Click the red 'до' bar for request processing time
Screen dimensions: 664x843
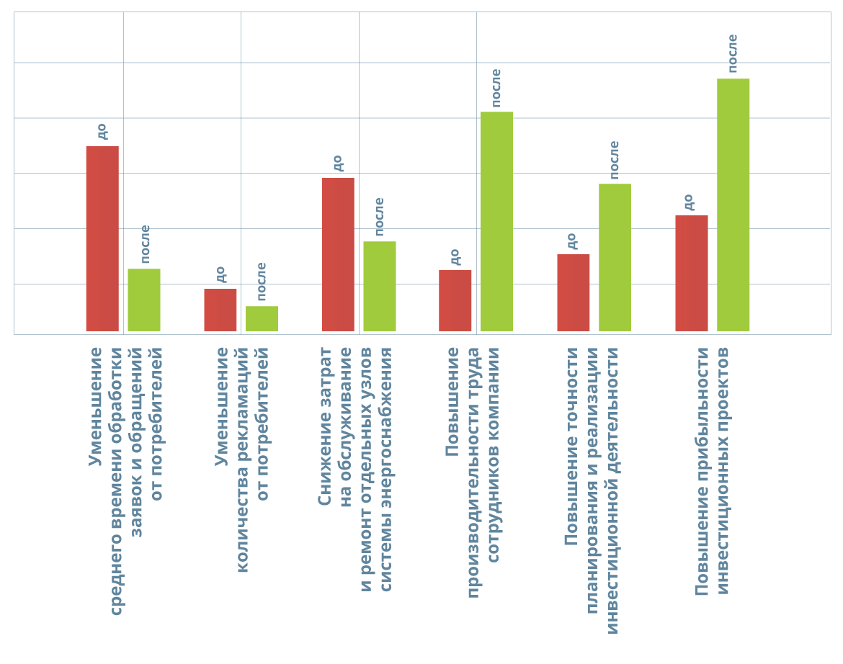(x=102, y=238)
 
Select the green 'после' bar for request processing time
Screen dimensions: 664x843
(x=144, y=300)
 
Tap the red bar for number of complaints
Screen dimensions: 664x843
(x=220, y=310)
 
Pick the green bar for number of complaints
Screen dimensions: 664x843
(x=262, y=318)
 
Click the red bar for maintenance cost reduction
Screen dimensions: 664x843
(x=338, y=254)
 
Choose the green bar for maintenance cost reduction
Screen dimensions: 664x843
(x=380, y=286)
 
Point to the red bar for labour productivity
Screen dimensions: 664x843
(x=455, y=300)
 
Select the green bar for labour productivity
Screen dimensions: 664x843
(x=496, y=221)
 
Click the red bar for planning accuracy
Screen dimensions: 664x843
(x=574, y=292)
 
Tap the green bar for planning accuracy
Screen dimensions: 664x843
(x=615, y=257)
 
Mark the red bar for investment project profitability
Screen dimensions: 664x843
(x=692, y=273)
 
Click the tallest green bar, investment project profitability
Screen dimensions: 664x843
(x=733, y=205)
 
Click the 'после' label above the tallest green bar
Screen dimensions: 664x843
(x=733, y=53)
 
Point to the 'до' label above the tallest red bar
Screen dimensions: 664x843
(x=102, y=131)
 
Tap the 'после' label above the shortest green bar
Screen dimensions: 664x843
(x=262, y=281)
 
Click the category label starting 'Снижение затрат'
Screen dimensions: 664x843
(x=355, y=468)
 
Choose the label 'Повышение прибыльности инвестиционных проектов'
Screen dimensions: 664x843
(x=713, y=471)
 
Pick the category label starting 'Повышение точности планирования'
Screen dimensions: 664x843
(x=592, y=490)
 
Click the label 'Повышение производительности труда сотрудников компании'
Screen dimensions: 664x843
(x=473, y=472)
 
